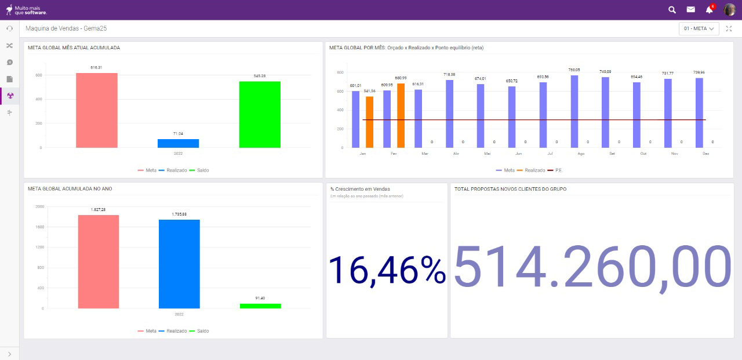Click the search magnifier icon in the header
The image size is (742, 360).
click(x=672, y=9)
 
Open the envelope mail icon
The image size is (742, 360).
click(x=690, y=9)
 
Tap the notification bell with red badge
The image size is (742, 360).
click(x=709, y=9)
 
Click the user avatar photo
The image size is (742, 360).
click(x=729, y=9)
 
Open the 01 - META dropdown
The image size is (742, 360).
click(x=699, y=28)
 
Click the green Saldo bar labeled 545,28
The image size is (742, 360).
click(x=260, y=114)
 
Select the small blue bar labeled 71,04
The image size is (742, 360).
click(x=178, y=143)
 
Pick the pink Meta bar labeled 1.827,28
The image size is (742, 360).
click(x=99, y=261)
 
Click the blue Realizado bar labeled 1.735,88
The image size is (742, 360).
click(x=179, y=264)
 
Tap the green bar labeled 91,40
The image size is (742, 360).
click(x=260, y=306)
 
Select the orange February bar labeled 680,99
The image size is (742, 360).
click(x=401, y=115)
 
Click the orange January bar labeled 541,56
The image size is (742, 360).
click(x=369, y=122)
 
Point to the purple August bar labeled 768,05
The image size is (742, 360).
click(x=574, y=111)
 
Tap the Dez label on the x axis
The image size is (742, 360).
click(x=705, y=154)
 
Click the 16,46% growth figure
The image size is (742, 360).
click(x=387, y=270)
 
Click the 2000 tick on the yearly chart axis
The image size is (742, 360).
click(x=39, y=206)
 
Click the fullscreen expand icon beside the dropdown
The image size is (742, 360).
click(x=729, y=28)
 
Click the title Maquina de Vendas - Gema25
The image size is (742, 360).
click(x=66, y=28)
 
